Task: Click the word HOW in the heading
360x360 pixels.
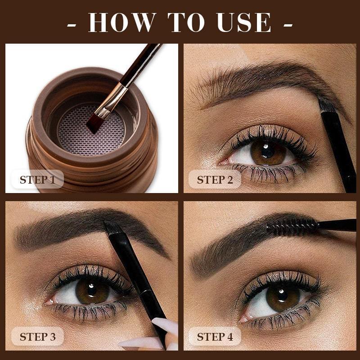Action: click(x=122, y=22)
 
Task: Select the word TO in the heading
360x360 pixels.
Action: click(x=185, y=22)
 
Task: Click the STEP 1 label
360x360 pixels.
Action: click(x=37, y=180)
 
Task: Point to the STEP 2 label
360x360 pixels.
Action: click(x=215, y=180)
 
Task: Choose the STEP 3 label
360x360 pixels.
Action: click(x=37, y=337)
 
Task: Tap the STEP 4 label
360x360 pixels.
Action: click(x=215, y=337)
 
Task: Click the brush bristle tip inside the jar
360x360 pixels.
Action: click(x=94, y=122)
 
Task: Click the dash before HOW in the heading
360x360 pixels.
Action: click(x=71, y=23)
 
